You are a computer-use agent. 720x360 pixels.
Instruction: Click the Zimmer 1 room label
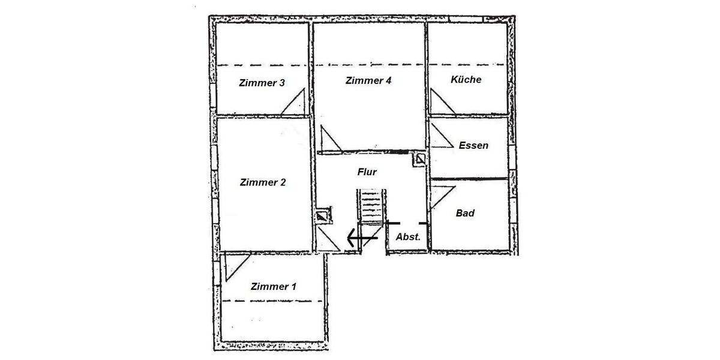[x=274, y=287]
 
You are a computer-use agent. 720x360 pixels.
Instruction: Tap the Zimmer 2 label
[x=262, y=182]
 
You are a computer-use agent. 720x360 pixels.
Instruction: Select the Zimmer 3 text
[x=262, y=83]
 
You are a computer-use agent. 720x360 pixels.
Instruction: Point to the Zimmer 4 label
[x=368, y=80]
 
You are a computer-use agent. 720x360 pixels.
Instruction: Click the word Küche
[x=466, y=79]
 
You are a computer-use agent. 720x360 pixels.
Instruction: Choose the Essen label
[x=473, y=145]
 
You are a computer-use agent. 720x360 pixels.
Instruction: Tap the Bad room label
[x=466, y=213]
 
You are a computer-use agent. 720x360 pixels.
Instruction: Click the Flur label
[x=367, y=172]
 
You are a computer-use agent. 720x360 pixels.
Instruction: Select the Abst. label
[x=407, y=237]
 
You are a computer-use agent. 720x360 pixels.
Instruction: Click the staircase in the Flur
[x=371, y=207]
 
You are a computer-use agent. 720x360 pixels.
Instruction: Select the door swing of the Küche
[x=441, y=101]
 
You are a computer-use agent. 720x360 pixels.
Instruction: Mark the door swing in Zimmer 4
[x=329, y=139]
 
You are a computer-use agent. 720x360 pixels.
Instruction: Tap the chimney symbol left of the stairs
[x=323, y=215]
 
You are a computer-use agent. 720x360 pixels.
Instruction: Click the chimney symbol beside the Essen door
[x=419, y=159]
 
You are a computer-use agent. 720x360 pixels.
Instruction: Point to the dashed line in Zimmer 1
[x=273, y=302]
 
